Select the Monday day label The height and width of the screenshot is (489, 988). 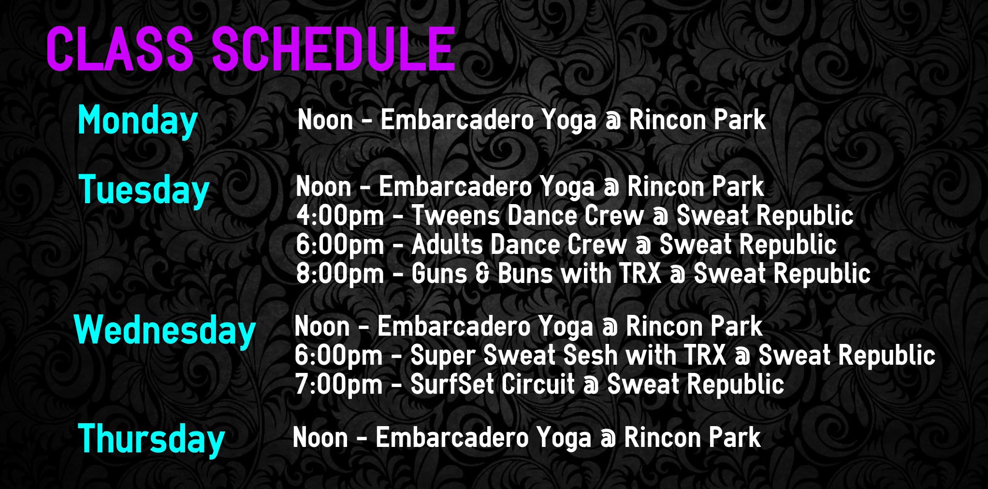pos(138,122)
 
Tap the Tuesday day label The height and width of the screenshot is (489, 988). pos(144,191)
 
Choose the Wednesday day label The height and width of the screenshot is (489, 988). pos(165,331)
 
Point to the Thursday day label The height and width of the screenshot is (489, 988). pos(151,440)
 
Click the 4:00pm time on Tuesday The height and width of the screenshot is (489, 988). pos(340,216)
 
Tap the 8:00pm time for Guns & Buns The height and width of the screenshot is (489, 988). pos(340,274)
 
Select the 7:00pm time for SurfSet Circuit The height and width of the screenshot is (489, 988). pos(339,385)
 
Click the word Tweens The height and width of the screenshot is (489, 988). pos(455,216)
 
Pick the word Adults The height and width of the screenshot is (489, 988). pos(447,245)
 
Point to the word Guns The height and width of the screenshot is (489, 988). pos(439,274)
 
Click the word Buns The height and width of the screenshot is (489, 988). pos(525,274)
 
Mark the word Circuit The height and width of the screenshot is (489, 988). pos(538,385)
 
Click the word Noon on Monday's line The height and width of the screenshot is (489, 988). pos(325,120)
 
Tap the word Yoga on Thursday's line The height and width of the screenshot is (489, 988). pos(564,439)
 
